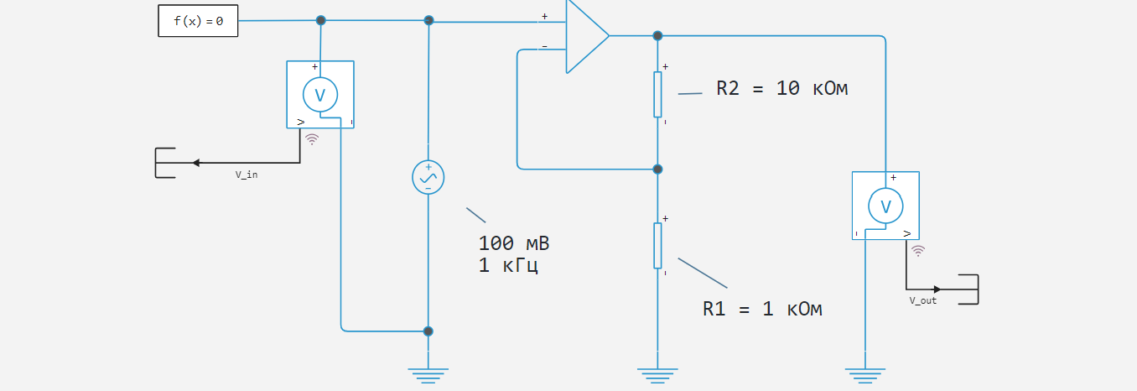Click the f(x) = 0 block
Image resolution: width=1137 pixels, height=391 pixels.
tap(198, 21)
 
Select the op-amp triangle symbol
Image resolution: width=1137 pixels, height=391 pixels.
tap(584, 36)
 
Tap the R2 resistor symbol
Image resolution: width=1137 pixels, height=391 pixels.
tap(657, 94)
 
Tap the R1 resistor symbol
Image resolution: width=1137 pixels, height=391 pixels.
tap(657, 246)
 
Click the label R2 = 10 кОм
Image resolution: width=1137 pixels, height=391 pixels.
tap(781, 88)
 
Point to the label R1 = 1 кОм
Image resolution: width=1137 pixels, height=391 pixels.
tap(762, 309)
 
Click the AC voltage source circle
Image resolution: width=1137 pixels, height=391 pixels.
tap(428, 177)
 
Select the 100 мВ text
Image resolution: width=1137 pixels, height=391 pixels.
tap(513, 244)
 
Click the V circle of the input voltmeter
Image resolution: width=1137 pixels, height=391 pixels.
tap(319, 95)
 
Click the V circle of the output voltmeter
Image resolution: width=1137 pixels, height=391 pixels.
tap(885, 206)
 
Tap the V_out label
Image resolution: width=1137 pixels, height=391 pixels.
tap(922, 300)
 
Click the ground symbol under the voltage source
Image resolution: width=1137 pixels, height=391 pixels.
tap(428, 374)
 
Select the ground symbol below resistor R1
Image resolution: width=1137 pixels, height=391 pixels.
tap(657, 374)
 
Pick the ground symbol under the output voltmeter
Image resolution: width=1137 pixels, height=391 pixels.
tap(864, 374)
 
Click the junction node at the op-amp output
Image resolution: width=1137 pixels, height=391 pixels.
tap(657, 36)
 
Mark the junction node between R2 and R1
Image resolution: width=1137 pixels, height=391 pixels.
tap(657, 169)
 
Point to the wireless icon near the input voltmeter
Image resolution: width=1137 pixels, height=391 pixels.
tap(312, 138)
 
